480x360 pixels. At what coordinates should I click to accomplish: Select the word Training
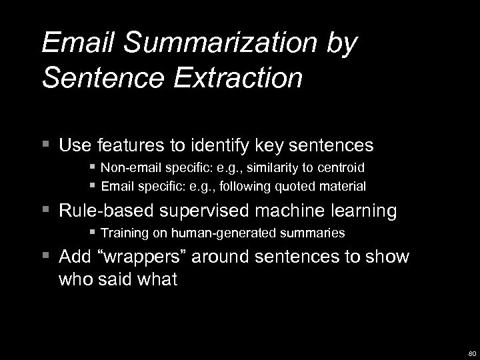122,233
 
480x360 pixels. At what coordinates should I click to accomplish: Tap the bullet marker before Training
93,233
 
